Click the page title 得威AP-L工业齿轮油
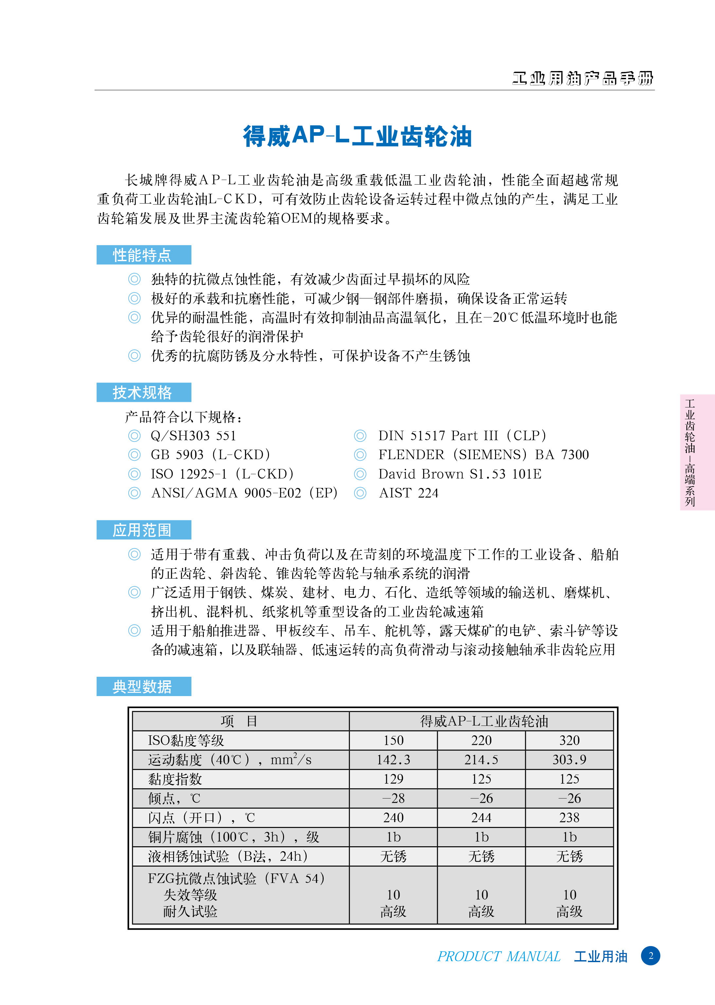(357, 136)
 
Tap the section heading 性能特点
(142, 255)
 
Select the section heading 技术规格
(142, 392)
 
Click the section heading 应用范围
(142, 529)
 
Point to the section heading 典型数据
(142, 686)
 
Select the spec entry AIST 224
(409, 493)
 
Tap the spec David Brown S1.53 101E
(460, 474)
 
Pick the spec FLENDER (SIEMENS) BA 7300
(483, 455)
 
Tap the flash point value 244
(481, 818)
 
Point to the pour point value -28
(393, 799)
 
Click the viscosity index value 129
(393, 779)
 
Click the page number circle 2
(650, 956)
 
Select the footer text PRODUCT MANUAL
(498, 957)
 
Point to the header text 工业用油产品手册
(582, 78)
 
